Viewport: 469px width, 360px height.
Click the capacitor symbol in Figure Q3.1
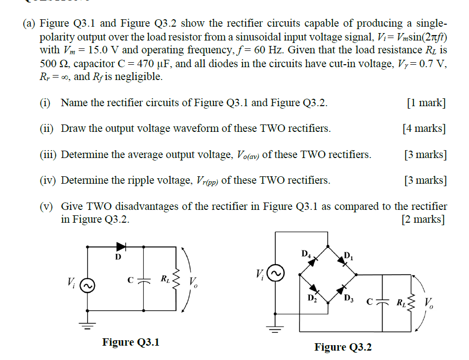143,280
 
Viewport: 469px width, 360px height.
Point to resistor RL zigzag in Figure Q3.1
173,280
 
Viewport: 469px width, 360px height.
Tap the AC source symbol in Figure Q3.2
275,273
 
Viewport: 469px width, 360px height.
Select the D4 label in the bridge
306,255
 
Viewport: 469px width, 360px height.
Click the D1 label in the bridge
349,255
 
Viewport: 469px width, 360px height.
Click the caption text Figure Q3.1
130,342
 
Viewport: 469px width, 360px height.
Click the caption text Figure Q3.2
343,347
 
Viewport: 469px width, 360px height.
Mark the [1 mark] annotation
426,103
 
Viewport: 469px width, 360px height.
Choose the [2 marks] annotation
424,219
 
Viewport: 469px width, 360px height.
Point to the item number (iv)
48,180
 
